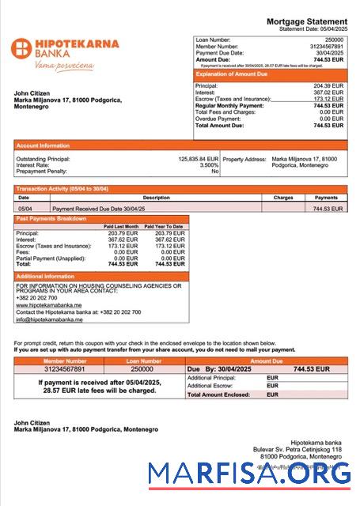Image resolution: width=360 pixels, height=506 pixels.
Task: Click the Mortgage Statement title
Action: pos(306,21)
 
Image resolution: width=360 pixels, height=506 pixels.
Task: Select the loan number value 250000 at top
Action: pos(334,39)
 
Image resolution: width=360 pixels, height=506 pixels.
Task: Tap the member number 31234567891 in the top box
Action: pos(325,46)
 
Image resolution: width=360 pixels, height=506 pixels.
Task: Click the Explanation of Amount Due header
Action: pos(234,74)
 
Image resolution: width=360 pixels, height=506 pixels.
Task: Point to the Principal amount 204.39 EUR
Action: pos(328,85)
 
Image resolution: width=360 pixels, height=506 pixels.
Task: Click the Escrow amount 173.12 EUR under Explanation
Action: pos(328,99)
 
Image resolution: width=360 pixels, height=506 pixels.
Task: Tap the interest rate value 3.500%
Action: pos(209,164)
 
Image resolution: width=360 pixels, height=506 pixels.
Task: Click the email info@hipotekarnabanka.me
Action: pos(49,319)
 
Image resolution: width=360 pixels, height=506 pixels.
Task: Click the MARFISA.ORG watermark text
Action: pos(249,474)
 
